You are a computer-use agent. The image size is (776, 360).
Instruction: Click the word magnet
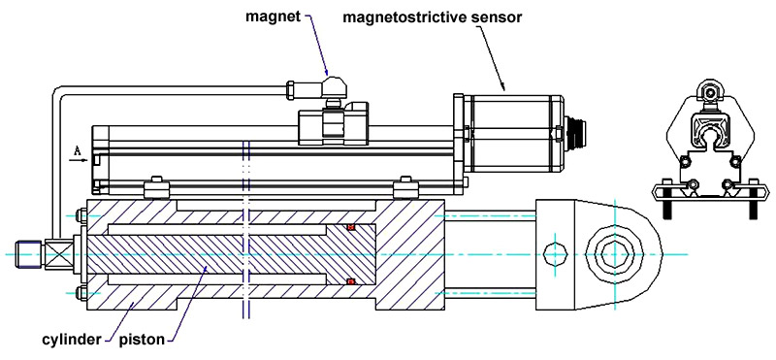pos(274,16)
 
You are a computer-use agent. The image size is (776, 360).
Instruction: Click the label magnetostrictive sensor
pos(432,17)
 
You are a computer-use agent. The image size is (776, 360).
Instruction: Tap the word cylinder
pos(72,341)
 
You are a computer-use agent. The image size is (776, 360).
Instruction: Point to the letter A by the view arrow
pos(78,151)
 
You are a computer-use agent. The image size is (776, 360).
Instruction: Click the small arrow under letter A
pos(80,160)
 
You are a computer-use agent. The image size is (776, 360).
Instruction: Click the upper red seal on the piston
pos(351,227)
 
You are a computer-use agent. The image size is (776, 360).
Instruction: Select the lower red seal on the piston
pos(351,281)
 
